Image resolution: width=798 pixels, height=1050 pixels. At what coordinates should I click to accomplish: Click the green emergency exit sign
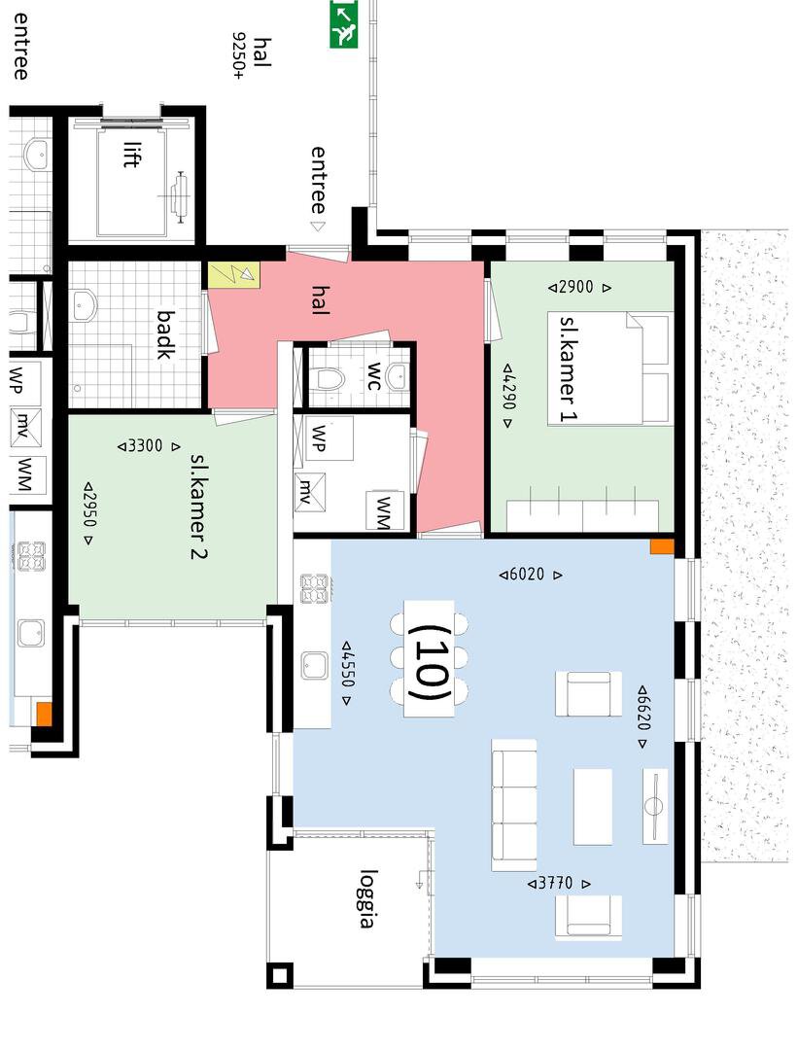click(344, 24)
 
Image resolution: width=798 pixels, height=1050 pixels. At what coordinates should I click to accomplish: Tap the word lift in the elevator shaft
click(132, 154)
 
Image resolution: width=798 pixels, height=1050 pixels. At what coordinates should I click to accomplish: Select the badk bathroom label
click(166, 334)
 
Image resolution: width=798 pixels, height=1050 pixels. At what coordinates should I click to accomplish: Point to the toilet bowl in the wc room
click(329, 380)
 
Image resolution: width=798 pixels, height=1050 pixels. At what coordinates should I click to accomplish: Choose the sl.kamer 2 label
click(199, 506)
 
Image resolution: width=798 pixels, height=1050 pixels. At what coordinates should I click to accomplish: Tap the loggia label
click(366, 898)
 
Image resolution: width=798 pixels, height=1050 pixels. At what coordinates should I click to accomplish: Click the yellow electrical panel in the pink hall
click(233, 274)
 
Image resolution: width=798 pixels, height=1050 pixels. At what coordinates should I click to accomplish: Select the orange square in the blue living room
click(662, 546)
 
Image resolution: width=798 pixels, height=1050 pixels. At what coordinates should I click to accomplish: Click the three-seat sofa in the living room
click(514, 805)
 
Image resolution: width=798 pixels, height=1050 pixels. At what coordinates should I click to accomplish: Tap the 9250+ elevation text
click(239, 55)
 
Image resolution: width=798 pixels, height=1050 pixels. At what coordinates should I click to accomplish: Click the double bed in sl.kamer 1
click(608, 368)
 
